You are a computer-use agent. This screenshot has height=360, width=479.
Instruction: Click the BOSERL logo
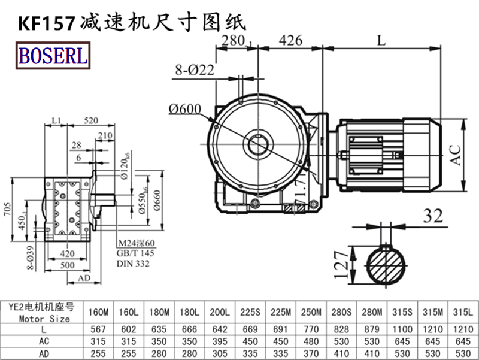(53, 56)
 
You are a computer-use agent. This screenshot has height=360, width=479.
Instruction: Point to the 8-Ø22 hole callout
(194, 70)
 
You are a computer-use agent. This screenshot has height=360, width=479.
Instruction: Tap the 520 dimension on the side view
(91, 120)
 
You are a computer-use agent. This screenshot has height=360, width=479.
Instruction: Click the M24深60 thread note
(136, 243)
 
